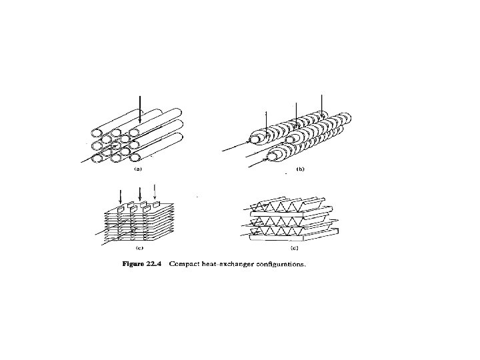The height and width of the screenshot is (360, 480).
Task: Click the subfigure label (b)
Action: [x=300, y=170]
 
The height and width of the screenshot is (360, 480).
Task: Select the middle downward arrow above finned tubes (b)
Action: [x=295, y=110]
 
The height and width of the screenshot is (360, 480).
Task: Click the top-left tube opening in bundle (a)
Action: [x=96, y=131]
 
